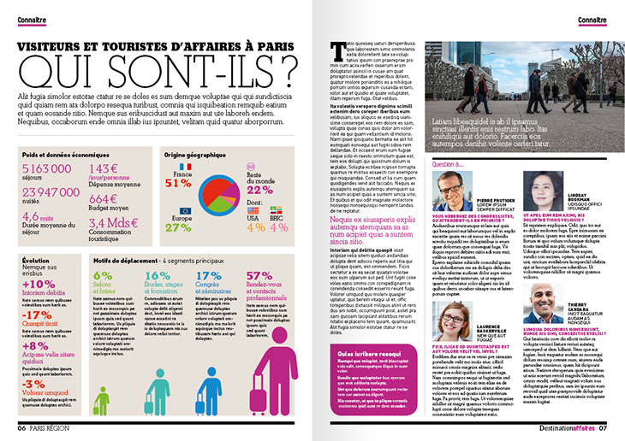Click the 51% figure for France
178,183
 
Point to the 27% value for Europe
178,227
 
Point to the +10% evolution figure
39,284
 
